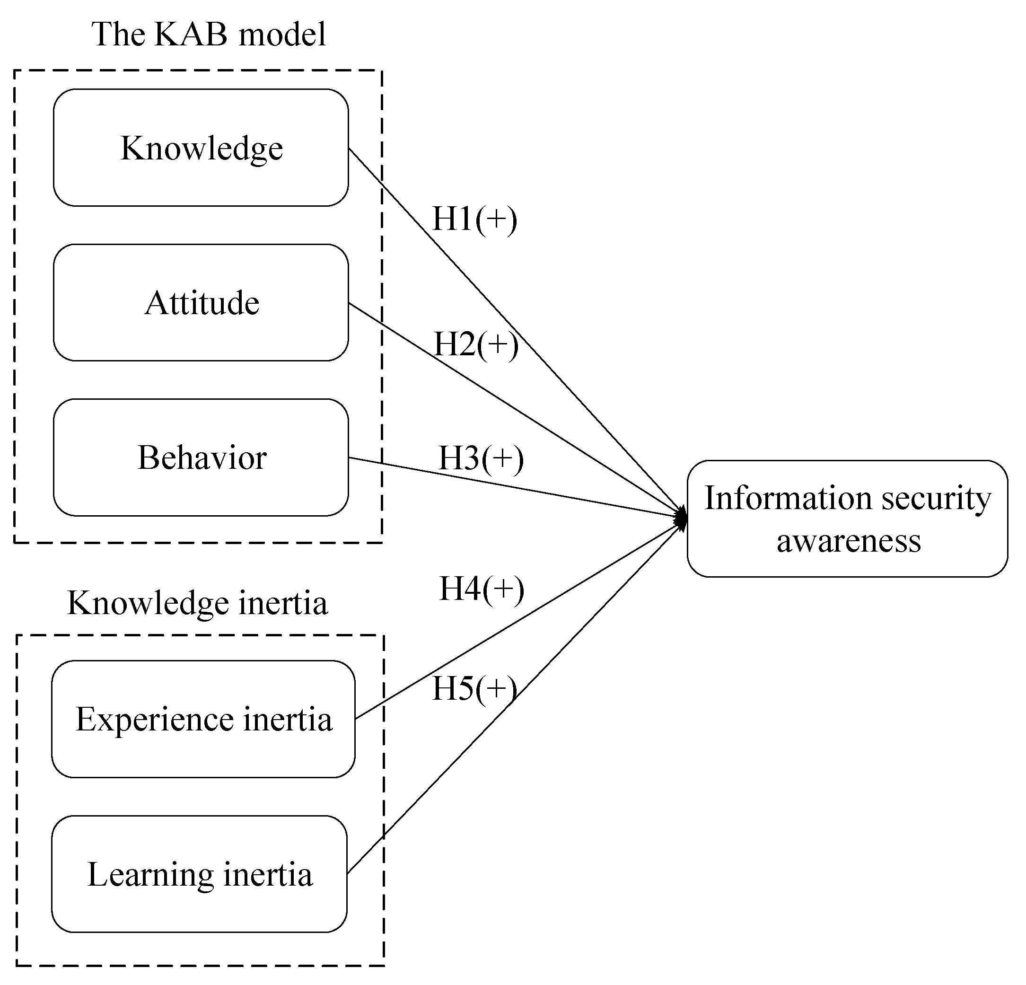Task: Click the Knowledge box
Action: click(201, 148)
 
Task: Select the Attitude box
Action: click(201, 303)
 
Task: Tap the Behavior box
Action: click(201, 457)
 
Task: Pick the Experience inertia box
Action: click(203, 719)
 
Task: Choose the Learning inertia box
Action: click(199, 874)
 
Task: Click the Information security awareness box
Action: click(847, 519)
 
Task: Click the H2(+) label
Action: click(476, 344)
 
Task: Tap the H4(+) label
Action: click(481, 589)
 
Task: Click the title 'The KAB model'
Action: click(208, 35)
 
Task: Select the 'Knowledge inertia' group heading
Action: click(197, 603)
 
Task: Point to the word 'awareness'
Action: click(848, 541)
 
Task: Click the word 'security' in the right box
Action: click(937, 499)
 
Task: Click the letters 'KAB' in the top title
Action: click(191, 35)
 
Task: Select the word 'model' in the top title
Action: click(281, 35)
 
